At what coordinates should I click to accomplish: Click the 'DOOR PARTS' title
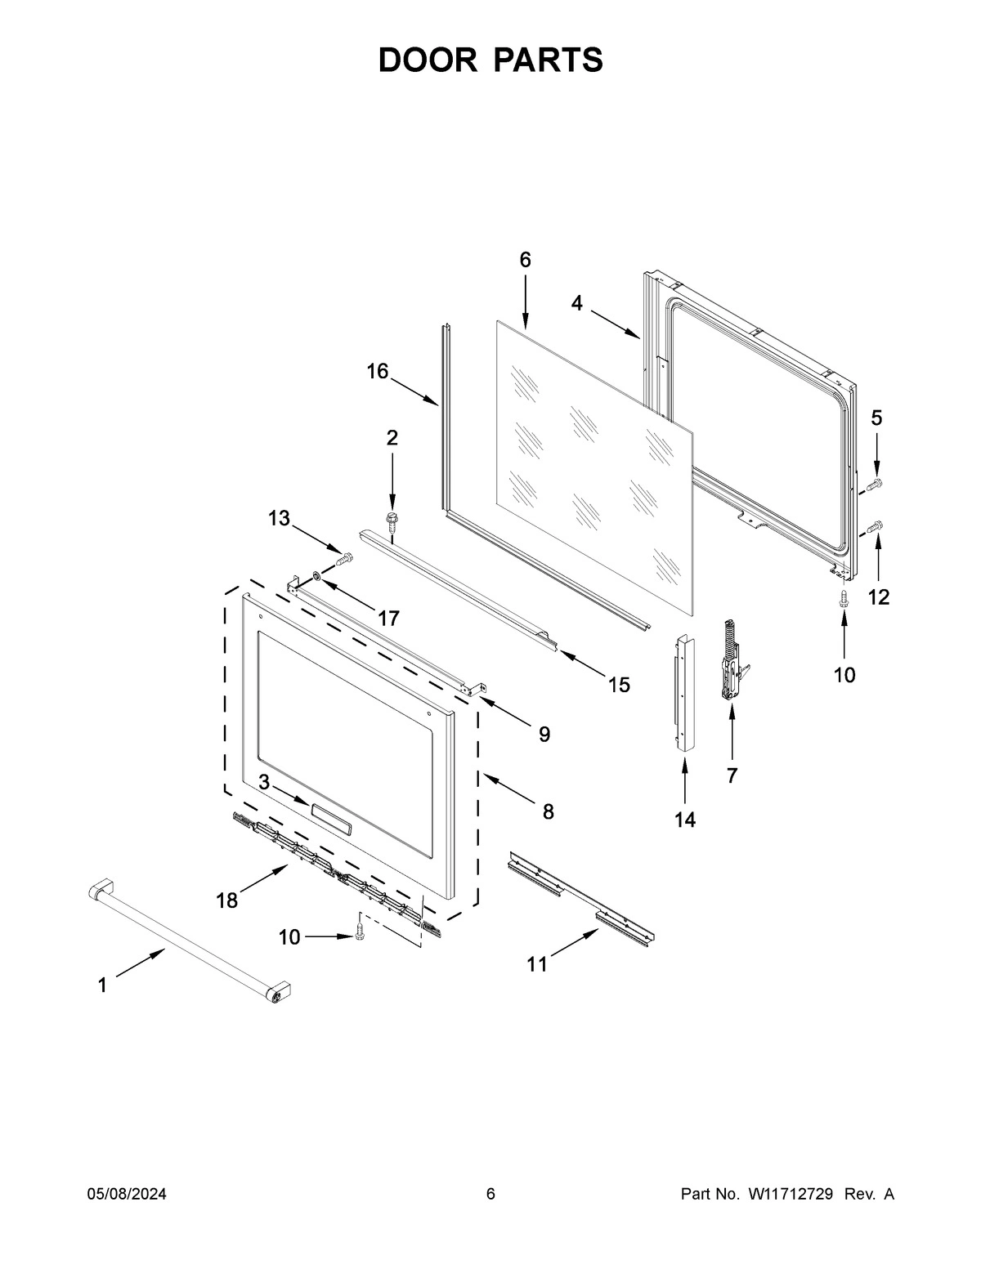[x=490, y=60]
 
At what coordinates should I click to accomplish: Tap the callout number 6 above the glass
[x=525, y=260]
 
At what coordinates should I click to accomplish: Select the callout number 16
[x=377, y=372]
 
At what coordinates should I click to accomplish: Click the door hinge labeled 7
[x=731, y=662]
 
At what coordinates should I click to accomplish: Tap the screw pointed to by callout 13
[x=345, y=559]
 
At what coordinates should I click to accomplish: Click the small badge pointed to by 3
[x=331, y=815]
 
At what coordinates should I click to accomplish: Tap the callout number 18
[x=226, y=900]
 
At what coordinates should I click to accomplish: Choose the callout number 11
[x=536, y=965]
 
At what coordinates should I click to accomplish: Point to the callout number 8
[x=548, y=811]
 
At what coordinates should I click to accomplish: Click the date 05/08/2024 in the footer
[x=127, y=1195]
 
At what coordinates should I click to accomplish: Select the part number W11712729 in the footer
[x=790, y=1195]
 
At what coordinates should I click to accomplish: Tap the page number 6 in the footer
[x=490, y=1195]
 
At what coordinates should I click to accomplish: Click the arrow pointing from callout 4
[x=615, y=322]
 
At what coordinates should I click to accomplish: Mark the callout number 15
[x=619, y=685]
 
